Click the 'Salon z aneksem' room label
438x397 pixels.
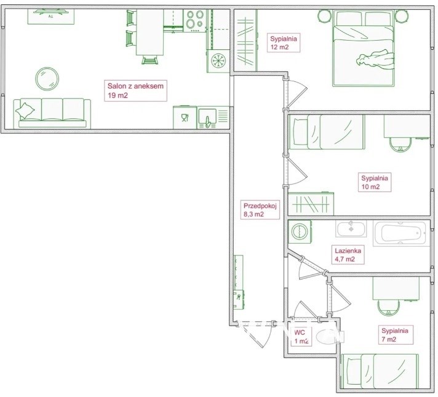[135, 90]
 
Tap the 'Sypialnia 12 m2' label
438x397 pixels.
[284, 42]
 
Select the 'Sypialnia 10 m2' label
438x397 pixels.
[374, 182]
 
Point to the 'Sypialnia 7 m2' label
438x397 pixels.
[395, 335]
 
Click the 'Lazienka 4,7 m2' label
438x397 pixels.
[348, 255]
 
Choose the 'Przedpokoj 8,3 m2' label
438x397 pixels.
[260, 211]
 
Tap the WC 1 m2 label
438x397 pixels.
[301, 337]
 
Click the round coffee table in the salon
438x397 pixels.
[47, 79]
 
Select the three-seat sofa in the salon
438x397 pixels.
[52, 113]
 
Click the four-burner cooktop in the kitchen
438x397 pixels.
[194, 20]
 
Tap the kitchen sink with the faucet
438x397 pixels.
[207, 118]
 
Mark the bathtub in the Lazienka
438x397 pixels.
[401, 233]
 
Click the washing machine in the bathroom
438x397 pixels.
[300, 231]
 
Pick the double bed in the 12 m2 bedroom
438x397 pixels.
[364, 49]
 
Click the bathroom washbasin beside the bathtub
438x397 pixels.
[351, 229]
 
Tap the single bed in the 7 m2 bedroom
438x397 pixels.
[380, 371]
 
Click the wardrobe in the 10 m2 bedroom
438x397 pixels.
[311, 204]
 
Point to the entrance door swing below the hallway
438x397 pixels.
[255, 335]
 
